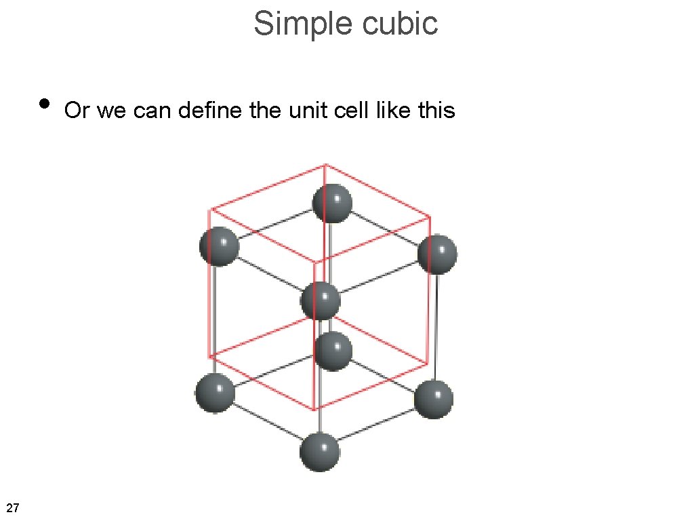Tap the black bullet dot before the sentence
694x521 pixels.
(45, 103)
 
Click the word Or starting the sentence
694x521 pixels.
(77, 110)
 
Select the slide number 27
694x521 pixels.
(12, 507)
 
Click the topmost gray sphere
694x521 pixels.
(332, 203)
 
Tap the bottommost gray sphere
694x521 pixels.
(319, 452)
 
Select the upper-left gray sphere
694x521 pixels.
(219, 246)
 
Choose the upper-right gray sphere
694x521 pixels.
(437, 254)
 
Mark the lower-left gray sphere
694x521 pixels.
(215, 393)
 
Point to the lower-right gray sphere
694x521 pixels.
(433, 399)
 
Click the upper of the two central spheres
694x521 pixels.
(320, 301)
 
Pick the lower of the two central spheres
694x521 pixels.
(333, 351)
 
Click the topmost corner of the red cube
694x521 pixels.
(326, 164)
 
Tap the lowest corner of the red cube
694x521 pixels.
(314, 410)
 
